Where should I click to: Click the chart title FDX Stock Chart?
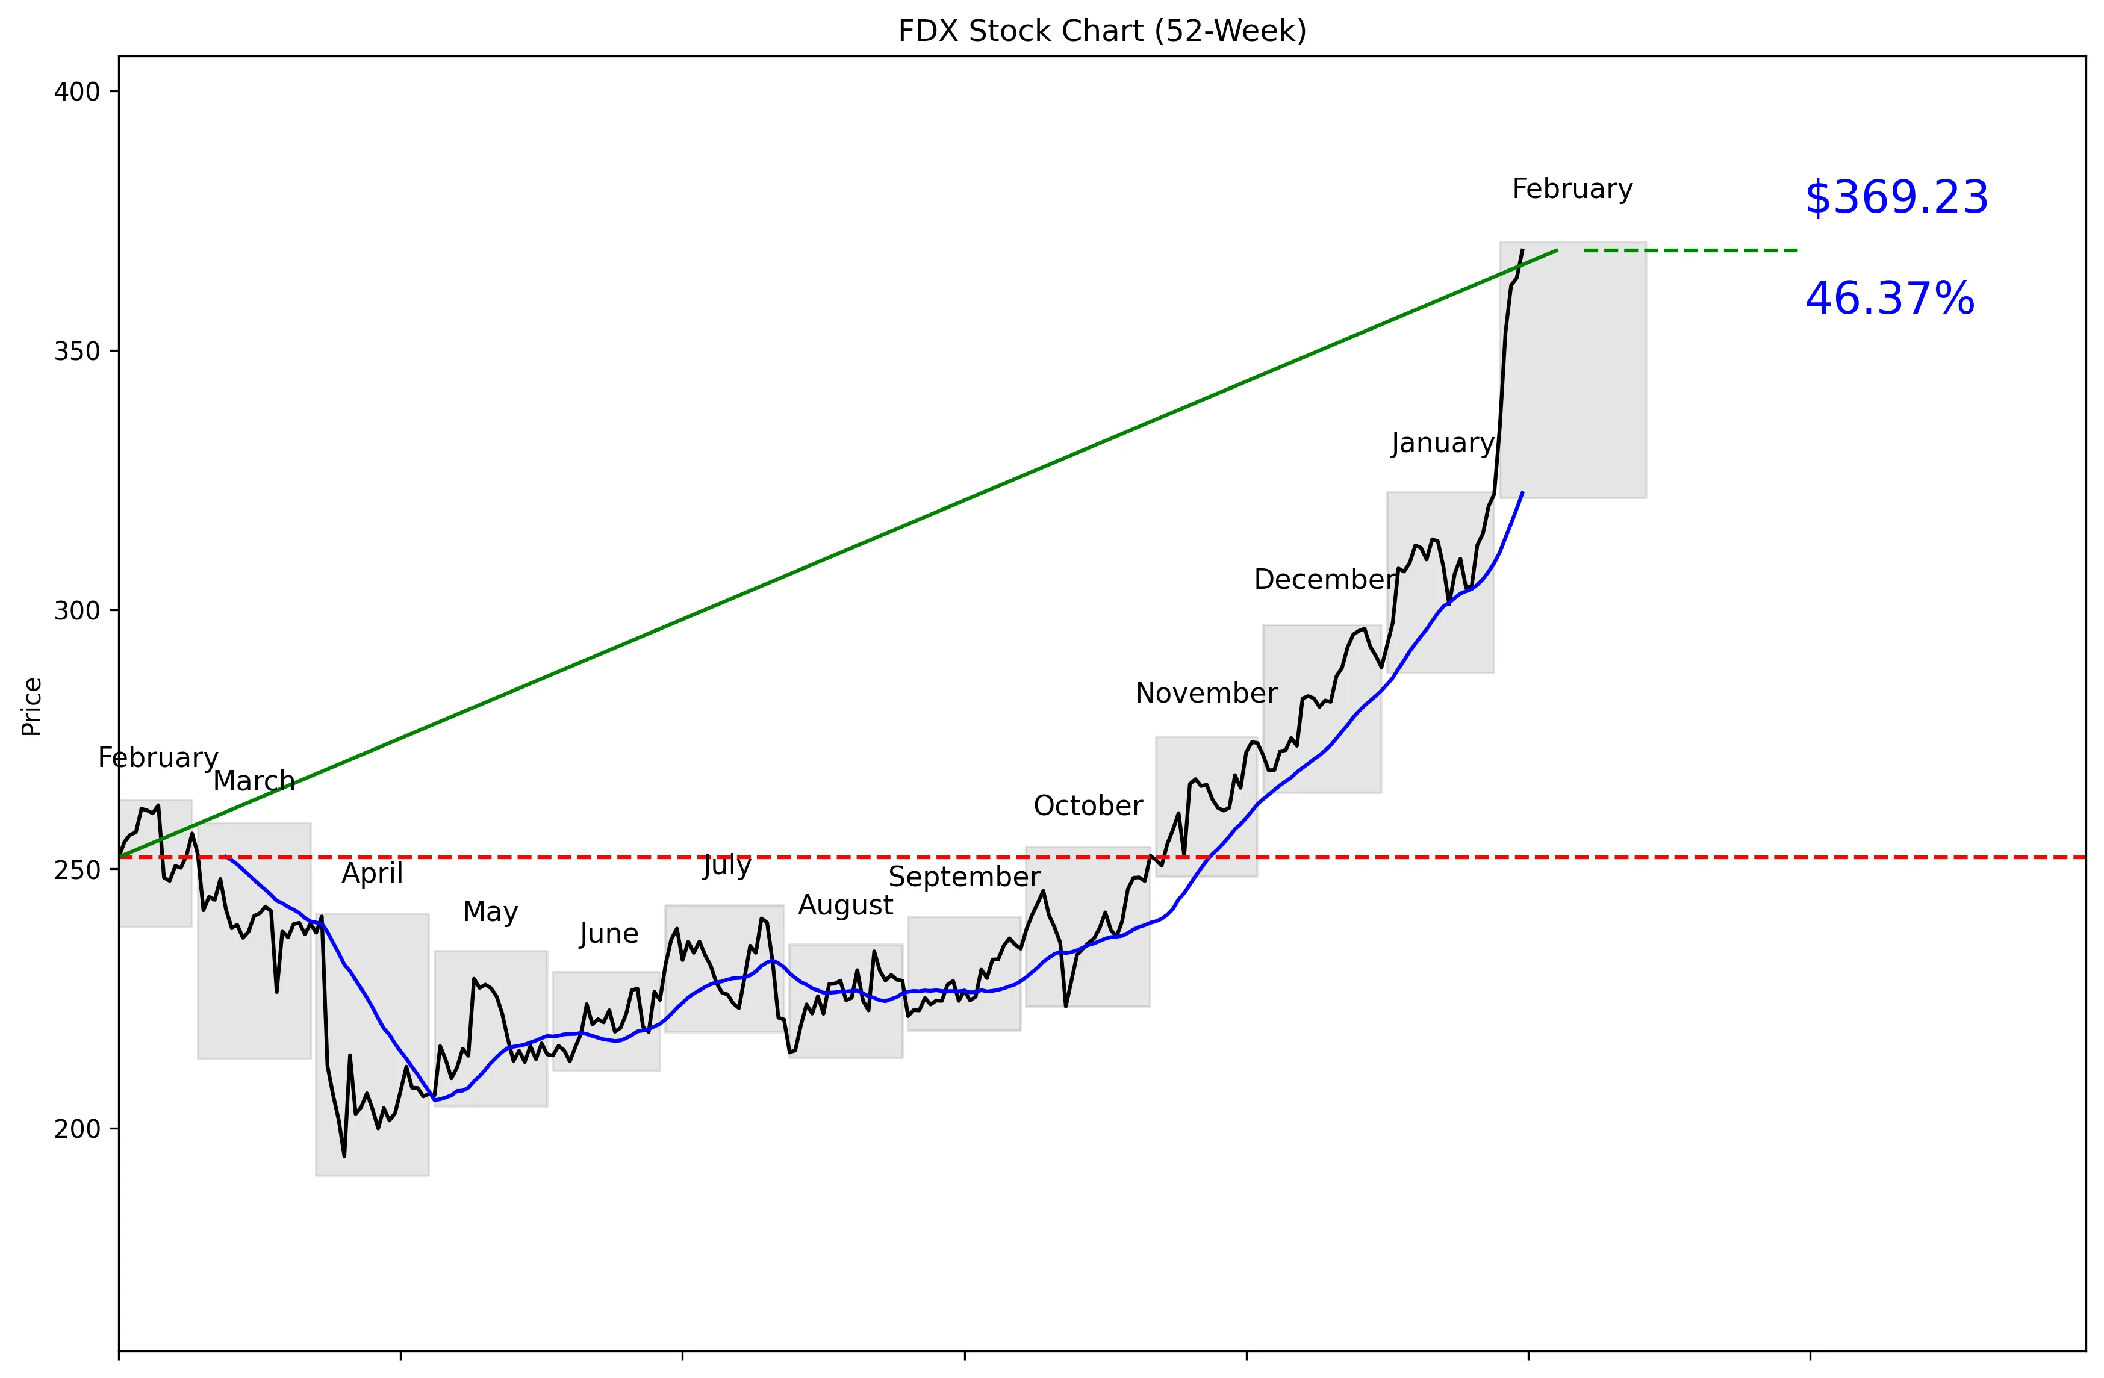pos(1101,31)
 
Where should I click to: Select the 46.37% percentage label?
pos(1889,299)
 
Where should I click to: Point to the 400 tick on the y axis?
pos(77,92)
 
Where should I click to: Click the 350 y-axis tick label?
pos(77,352)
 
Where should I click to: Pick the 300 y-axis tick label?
pos(77,611)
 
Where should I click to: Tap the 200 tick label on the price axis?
pos(77,1129)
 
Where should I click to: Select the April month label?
pos(372,874)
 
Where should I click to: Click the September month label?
pos(963,877)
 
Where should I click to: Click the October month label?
pos(1088,805)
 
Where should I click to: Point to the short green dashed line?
pos(1693,251)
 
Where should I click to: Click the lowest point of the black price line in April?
pos(344,1155)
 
